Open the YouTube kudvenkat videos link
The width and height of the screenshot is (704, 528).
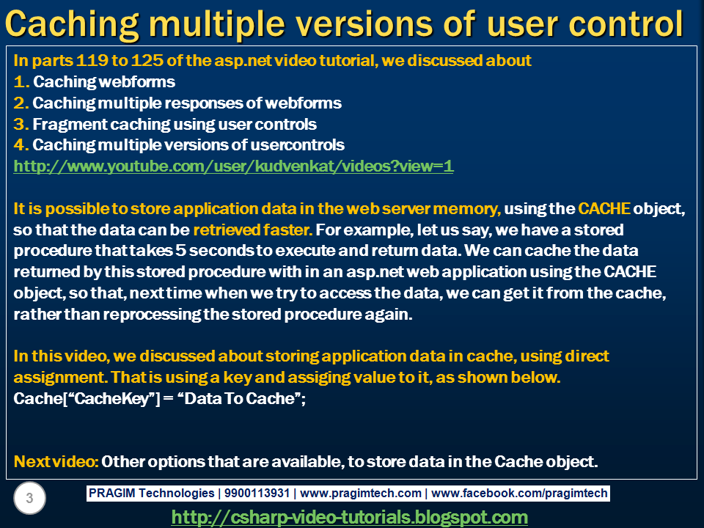pos(233,166)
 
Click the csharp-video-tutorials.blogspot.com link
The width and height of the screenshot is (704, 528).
pos(349,517)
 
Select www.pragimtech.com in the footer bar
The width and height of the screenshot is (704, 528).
pos(362,494)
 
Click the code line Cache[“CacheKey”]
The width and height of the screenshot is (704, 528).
pos(88,399)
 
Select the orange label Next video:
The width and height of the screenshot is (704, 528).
pos(56,462)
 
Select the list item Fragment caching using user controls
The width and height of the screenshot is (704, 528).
pos(175,124)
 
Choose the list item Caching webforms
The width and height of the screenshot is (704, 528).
pos(104,81)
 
